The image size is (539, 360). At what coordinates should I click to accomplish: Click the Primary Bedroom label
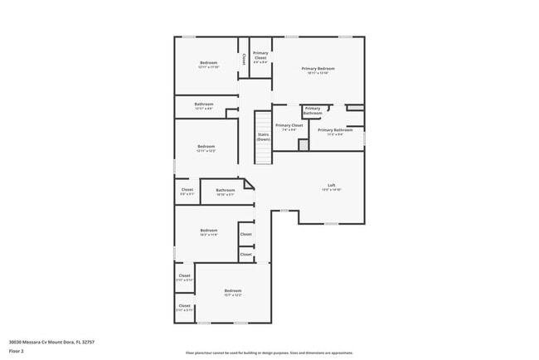318,70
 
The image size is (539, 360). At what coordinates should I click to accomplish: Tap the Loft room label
331,187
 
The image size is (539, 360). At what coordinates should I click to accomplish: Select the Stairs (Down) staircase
263,137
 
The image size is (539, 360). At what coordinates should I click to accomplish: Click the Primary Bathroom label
335,131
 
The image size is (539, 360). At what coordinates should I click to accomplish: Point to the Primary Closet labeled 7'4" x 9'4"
289,127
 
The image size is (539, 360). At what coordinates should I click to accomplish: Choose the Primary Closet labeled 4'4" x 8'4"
260,57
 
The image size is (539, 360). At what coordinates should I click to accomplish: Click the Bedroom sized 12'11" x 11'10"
208,65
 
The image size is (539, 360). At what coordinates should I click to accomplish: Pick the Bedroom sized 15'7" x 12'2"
232,292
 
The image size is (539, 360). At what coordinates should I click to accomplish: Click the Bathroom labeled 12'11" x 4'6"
204,106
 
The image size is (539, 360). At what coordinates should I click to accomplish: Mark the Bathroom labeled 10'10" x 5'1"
225,192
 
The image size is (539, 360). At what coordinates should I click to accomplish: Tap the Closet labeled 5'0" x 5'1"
187,192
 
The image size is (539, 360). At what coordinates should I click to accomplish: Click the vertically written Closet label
244,59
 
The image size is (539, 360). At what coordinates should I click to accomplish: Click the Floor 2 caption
17,352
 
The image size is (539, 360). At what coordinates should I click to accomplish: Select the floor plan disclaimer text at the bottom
269,353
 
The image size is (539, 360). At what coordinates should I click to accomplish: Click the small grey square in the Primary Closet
303,144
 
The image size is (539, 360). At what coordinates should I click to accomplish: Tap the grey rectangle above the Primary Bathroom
354,107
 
